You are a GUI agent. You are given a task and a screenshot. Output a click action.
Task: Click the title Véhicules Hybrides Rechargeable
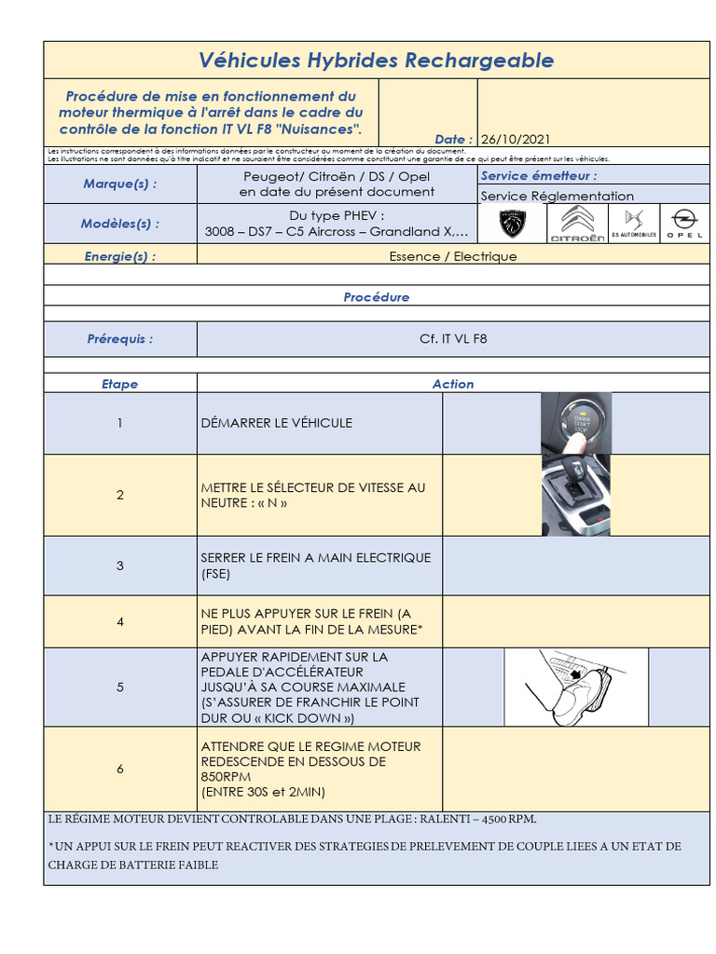[376, 61]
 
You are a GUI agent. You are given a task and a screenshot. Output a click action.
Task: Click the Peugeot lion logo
[512, 224]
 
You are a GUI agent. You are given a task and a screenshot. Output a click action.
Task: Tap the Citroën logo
[576, 224]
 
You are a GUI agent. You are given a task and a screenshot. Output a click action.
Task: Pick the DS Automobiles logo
[634, 224]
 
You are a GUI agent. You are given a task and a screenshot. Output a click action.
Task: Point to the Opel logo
[684, 224]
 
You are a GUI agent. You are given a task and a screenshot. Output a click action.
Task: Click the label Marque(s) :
[120, 184]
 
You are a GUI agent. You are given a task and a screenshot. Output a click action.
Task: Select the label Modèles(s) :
[120, 224]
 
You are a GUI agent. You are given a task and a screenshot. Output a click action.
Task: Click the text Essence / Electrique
[453, 256]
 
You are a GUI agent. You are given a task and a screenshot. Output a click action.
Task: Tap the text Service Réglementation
[557, 196]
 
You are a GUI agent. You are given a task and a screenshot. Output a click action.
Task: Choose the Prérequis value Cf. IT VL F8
[453, 339]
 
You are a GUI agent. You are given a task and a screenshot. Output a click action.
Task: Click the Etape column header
[120, 384]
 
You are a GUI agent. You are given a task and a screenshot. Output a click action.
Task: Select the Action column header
[453, 384]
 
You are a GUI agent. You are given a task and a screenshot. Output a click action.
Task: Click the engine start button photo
[576, 423]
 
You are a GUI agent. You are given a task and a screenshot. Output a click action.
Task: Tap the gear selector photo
[576, 495]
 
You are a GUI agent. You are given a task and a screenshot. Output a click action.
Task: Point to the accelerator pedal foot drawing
[575, 688]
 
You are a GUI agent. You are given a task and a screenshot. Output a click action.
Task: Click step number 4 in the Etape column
[120, 621]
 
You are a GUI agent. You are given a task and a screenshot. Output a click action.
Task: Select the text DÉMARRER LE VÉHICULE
[276, 423]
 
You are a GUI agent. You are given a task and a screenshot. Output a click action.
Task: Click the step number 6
[120, 769]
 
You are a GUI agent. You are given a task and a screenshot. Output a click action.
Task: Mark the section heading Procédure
[376, 297]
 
